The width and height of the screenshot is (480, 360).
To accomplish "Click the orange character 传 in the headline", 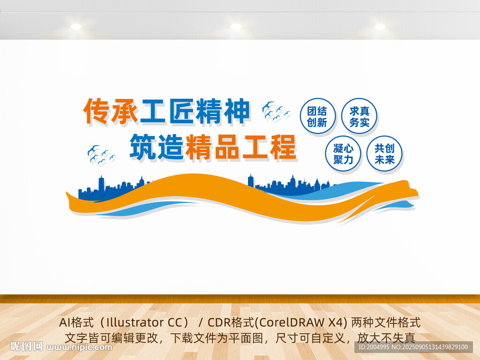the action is coord(97,111).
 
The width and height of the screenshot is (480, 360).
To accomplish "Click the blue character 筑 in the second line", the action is coord(143,147).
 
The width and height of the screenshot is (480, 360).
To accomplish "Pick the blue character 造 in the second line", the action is coord(171,147).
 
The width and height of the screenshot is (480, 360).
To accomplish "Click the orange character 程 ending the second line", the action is coord(282,147).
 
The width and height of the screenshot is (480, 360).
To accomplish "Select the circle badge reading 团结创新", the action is coord(317,116).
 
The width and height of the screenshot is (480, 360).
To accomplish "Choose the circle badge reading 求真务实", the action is coord(359,116).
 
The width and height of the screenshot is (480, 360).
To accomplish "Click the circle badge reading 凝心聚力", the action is coord(343,154).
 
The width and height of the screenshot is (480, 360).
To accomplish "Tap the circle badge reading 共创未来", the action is coord(384,154).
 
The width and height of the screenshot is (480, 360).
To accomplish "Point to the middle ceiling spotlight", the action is coord(236,26).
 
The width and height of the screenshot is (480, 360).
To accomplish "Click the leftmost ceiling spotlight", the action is coord(76,27).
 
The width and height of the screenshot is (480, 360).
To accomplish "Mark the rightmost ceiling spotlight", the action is coord(380,26).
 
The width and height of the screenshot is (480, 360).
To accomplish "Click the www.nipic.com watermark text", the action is coord(79,347).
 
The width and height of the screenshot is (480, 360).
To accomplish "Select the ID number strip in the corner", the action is coord(413,347).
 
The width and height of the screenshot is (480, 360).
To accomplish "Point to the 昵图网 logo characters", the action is coord(26,346).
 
